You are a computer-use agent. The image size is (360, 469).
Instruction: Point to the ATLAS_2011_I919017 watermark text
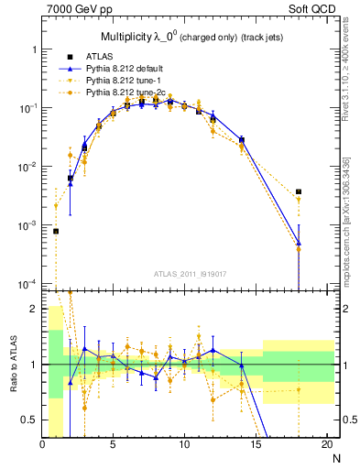[191, 274]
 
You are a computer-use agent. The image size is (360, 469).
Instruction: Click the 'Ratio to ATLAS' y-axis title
[12, 364]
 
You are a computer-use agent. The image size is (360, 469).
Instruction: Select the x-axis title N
[335, 457]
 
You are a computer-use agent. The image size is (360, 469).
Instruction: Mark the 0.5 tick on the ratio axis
[30, 420]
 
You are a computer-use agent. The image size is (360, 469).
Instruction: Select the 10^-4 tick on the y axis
[27, 284]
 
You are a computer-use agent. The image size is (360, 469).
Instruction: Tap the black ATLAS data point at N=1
[57, 231]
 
